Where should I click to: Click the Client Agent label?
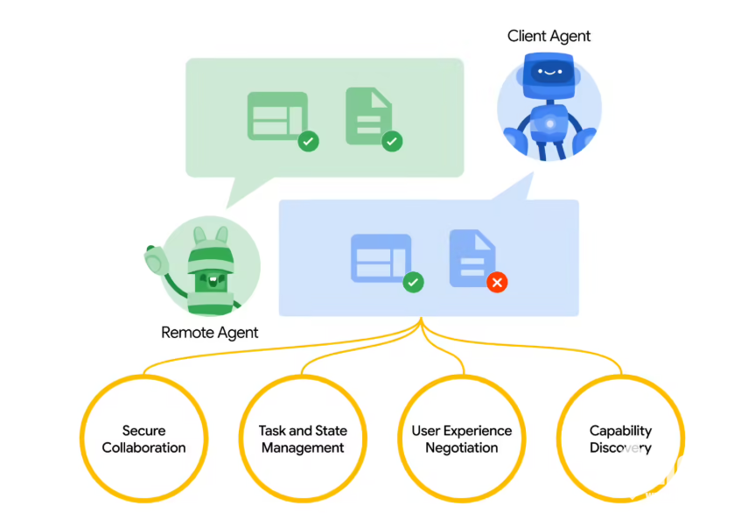(x=549, y=36)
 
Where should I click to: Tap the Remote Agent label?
(x=210, y=333)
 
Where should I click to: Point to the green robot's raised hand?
(x=157, y=258)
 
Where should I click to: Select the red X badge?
(x=497, y=282)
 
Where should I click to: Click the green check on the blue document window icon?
(x=413, y=282)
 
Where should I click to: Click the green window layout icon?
(x=277, y=115)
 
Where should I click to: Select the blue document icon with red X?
(x=471, y=257)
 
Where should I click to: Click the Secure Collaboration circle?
(x=144, y=439)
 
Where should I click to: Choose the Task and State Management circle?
(x=303, y=439)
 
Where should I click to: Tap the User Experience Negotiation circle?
(x=462, y=439)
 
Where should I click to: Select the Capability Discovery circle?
(x=620, y=439)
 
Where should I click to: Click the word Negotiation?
(x=462, y=448)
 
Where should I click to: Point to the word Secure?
(x=143, y=431)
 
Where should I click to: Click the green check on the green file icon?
(x=392, y=141)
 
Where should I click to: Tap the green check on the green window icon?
(x=308, y=141)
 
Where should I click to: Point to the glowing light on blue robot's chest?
(x=549, y=124)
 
